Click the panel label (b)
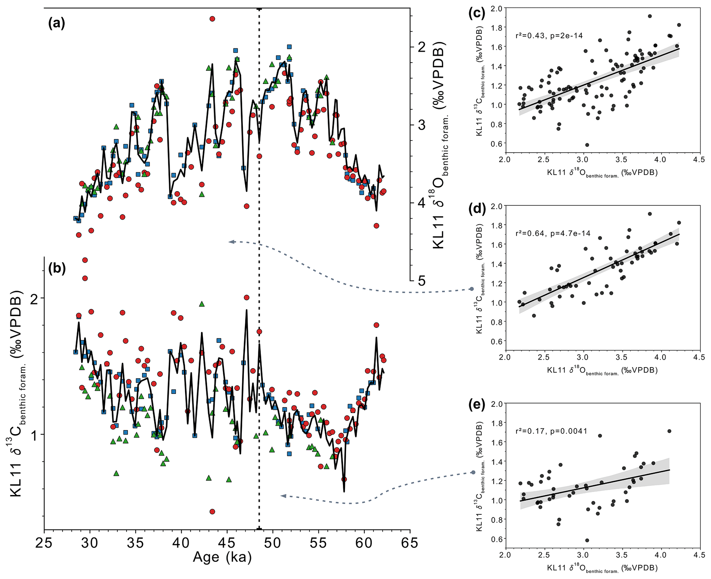pos(57,269)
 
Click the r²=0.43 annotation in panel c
pos(549,35)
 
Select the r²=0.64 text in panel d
pos(552,234)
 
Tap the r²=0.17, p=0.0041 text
pos(551,431)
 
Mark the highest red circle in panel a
pos(212,19)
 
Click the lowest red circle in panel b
pos(212,512)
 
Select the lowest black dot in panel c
pos(587,145)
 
